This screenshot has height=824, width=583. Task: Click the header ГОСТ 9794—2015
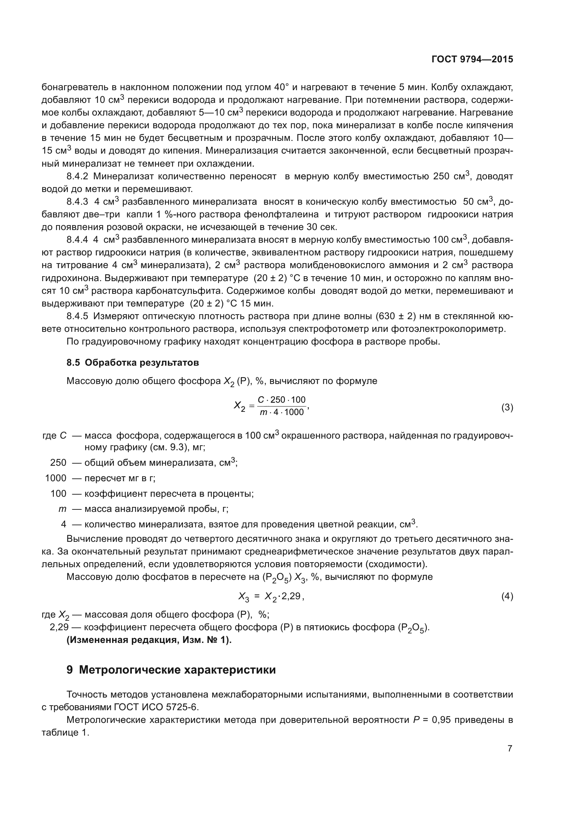click(x=472, y=59)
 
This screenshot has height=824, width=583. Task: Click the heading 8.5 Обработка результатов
click(x=133, y=363)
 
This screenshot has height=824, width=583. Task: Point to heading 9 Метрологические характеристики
click(x=171, y=670)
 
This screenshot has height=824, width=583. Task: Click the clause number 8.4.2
click(x=77, y=176)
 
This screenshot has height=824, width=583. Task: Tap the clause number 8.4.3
click(x=77, y=202)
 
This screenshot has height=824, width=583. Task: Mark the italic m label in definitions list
click(x=62, y=509)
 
